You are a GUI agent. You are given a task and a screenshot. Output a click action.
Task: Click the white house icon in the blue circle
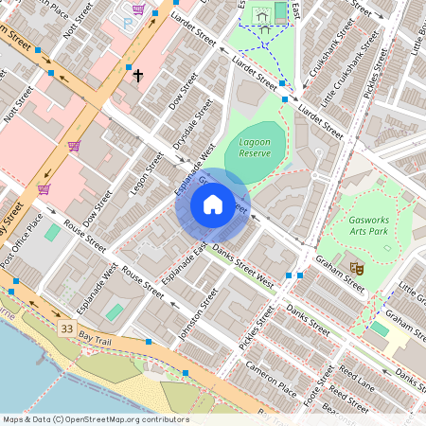point(213,204)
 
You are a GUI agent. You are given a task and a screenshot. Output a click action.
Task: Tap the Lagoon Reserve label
point(255,148)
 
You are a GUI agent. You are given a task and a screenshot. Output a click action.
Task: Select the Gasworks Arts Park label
point(369,224)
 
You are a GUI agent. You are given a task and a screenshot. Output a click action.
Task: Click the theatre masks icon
point(358,268)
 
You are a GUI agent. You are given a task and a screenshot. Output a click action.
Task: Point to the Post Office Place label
point(21,240)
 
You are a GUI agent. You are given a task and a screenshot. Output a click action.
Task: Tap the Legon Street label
point(141,174)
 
